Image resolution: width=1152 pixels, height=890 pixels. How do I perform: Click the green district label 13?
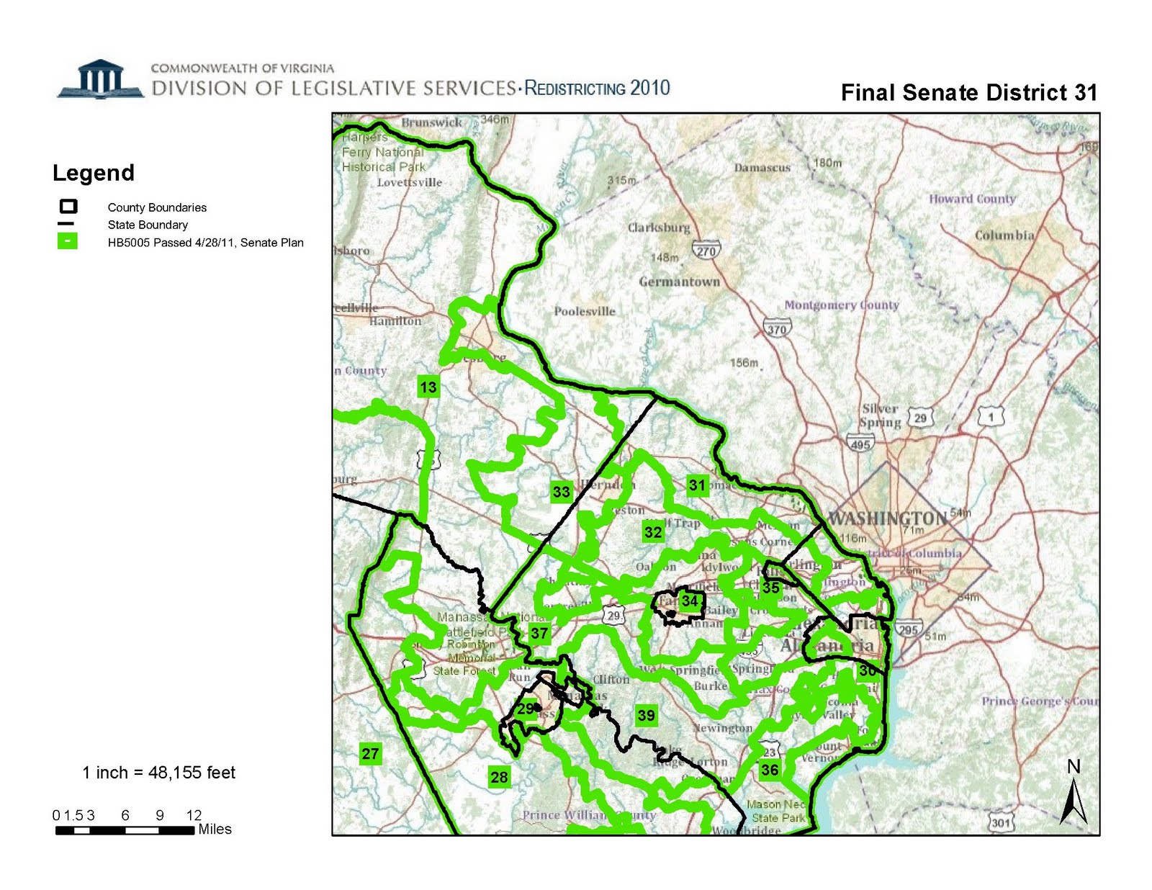[428, 387]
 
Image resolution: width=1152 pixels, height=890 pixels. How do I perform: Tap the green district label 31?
[697, 485]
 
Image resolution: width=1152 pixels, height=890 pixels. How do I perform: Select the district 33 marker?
[561, 492]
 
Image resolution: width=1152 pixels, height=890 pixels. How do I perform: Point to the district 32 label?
[653, 532]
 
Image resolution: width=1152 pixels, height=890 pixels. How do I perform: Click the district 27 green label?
[370, 754]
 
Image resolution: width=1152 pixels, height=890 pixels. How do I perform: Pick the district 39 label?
[647, 715]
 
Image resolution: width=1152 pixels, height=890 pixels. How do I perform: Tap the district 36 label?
[770, 770]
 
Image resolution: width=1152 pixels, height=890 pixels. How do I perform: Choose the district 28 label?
[499, 777]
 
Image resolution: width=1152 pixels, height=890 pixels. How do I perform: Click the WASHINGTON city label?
[888, 518]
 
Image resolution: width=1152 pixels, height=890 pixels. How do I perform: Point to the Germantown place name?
[679, 282]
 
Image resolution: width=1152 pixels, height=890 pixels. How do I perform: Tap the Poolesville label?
[585, 311]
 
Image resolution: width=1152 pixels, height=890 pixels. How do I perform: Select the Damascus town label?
[762, 168]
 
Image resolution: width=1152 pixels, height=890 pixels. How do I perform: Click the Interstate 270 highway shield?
[706, 251]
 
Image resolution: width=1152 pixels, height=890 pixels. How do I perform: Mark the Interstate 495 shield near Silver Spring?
[860, 444]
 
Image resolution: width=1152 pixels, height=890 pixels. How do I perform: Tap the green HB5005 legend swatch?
[67, 241]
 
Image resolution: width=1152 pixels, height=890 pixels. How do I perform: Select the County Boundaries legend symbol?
[68, 207]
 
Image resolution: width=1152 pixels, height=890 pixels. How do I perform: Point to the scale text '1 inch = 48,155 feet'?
[158, 773]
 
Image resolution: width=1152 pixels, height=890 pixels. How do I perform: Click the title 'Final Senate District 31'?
[968, 93]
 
